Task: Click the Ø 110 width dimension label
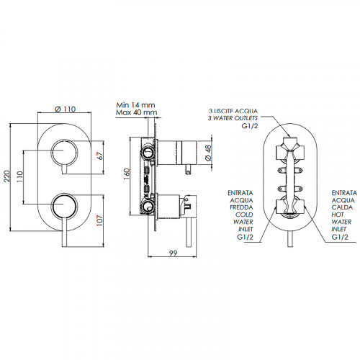(x=66, y=109)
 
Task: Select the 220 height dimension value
(x=7, y=176)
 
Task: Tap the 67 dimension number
(x=100, y=156)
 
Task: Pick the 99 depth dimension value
(x=173, y=253)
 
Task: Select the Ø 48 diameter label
(x=208, y=153)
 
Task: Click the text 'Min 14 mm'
(x=135, y=105)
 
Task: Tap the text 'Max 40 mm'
(x=137, y=112)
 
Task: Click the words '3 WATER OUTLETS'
(x=233, y=118)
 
